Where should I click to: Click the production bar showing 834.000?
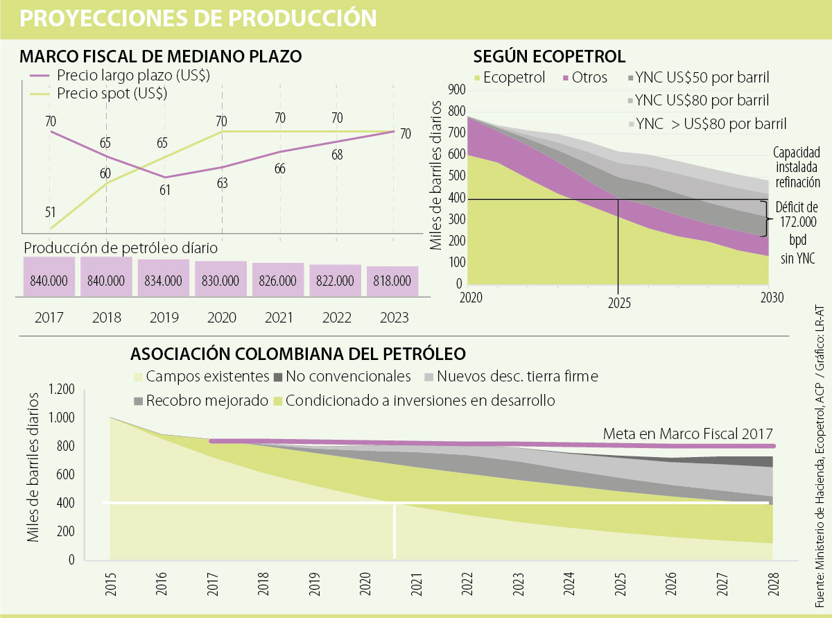point(163,281)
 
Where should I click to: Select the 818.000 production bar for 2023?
point(392,282)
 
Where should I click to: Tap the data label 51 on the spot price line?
point(50,212)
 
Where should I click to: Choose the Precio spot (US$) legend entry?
point(112,92)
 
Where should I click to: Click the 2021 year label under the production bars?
point(277,318)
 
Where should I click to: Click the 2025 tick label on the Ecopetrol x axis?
point(618,303)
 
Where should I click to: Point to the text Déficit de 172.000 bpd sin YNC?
point(797,232)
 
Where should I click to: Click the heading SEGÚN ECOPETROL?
point(549,56)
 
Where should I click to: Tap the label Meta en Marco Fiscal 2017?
point(688,434)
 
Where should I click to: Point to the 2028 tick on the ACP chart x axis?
point(772,584)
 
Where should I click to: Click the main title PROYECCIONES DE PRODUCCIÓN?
point(198,18)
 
